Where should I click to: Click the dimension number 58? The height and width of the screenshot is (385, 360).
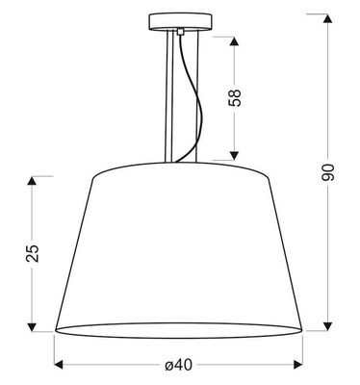point(235,98)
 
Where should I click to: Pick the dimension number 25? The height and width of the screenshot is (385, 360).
point(33,253)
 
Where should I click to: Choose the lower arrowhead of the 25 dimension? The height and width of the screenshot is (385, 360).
point(34,326)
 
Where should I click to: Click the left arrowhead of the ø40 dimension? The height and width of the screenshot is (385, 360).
point(57,365)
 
